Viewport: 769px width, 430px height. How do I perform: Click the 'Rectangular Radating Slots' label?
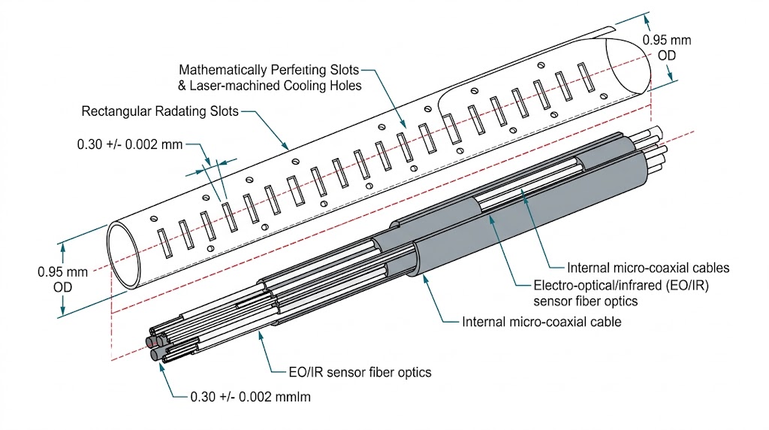click(159, 112)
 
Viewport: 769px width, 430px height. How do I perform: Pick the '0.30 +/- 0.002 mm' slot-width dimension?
click(129, 144)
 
